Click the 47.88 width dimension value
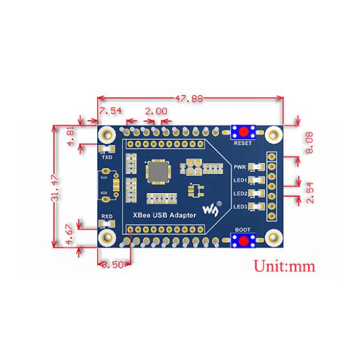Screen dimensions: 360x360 189,98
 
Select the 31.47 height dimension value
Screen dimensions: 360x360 55,188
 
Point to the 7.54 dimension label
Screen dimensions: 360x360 110,111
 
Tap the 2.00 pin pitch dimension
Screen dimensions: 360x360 156,111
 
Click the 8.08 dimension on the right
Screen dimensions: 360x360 310,143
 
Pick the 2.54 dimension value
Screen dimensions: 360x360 310,193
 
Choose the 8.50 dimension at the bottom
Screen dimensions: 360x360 113,265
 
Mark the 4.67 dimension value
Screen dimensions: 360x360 70,234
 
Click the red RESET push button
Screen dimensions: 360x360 243,132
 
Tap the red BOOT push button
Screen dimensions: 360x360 243,241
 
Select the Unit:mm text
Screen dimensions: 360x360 284,266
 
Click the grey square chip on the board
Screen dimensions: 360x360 158,172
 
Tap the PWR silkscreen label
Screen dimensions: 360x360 239,167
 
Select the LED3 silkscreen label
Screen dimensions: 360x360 240,207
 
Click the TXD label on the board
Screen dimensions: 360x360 107,158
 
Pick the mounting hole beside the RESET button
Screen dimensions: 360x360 274,135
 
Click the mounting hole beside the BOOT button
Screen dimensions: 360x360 274,238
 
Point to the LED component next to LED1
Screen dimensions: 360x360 257,180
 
